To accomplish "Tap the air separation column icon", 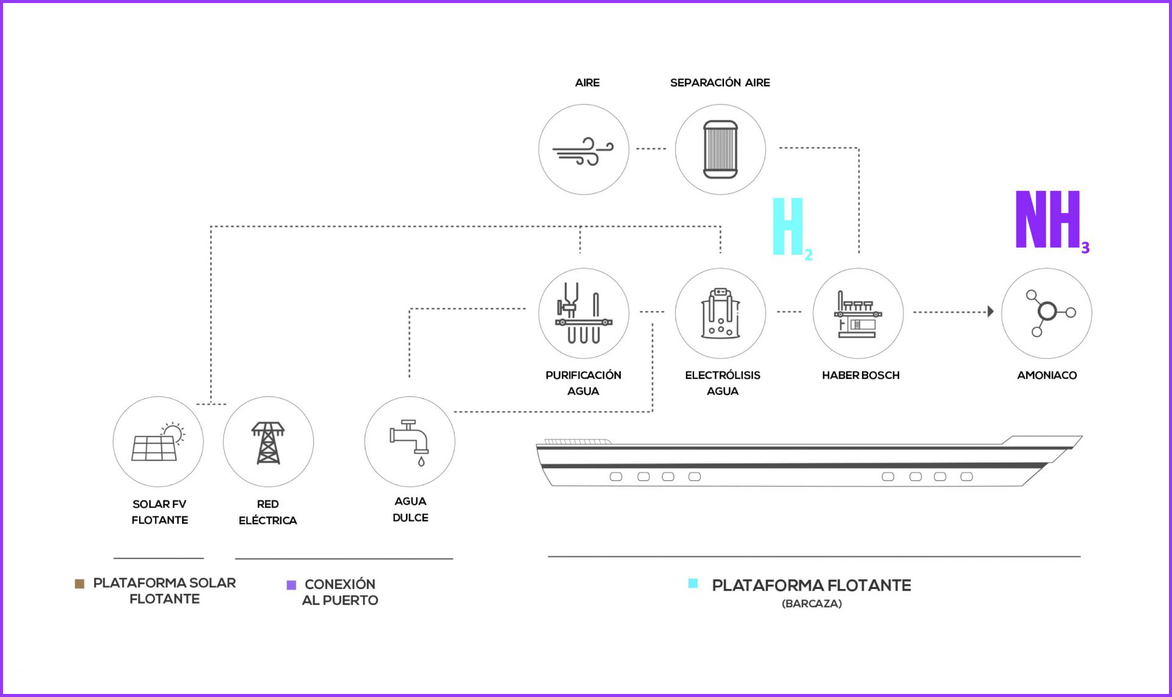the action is [x=720, y=150].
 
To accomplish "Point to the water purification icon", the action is [x=584, y=312].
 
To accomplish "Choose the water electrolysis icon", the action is [x=720, y=312].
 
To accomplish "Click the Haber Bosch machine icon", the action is [x=858, y=314].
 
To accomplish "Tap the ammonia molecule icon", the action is [x=1049, y=312].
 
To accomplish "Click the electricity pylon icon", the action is [x=268, y=442].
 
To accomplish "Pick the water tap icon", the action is [x=410, y=442].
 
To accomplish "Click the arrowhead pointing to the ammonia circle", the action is [x=991, y=312].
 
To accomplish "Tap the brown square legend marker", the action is [x=79, y=583].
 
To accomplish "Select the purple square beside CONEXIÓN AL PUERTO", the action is [x=291, y=585].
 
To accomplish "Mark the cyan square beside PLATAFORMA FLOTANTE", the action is [x=693, y=583].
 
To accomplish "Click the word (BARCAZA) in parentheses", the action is [x=811, y=604].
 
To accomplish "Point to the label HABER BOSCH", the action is [x=861, y=375].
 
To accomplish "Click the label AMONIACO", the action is [x=1047, y=375].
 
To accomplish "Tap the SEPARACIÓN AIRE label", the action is [x=720, y=82].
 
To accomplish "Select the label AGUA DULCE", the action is [x=410, y=509].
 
